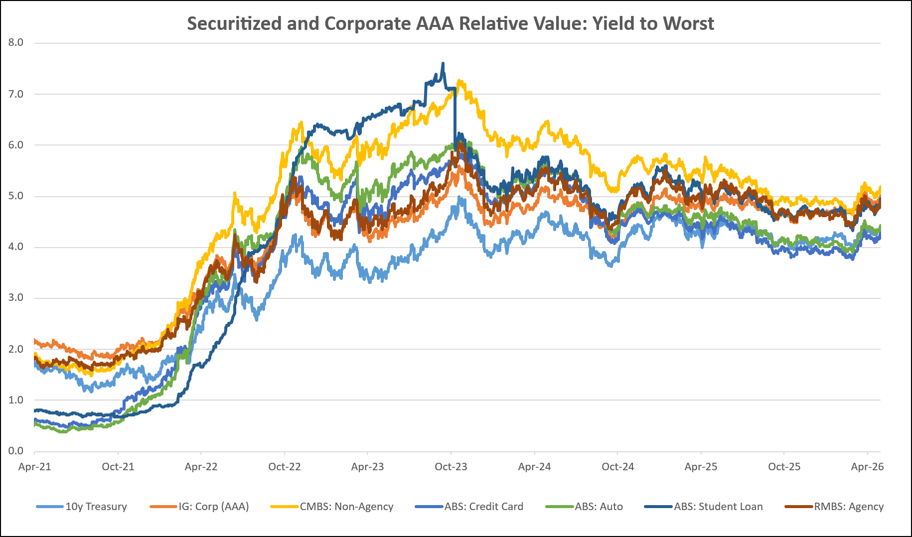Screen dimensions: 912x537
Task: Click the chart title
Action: click(451, 23)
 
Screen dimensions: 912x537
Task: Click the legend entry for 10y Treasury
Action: click(82, 507)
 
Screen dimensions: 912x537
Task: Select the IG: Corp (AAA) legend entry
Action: click(199, 507)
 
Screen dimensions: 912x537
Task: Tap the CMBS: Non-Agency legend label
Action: click(332, 507)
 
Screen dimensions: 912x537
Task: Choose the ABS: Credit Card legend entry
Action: click(469, 507)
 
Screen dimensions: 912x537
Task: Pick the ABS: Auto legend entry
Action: click(584, 507)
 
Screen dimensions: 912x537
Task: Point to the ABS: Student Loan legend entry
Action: click(704, 507)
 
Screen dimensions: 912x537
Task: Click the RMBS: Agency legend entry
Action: click(834, 507)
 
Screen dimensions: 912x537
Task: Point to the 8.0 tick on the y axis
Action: click(16, 42)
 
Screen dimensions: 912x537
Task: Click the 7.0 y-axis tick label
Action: click(16, 94)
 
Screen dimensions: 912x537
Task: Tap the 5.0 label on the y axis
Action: click(16, 196)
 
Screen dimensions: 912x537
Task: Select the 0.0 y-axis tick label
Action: click(16, 451)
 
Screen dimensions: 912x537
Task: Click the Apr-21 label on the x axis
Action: click(34, 467)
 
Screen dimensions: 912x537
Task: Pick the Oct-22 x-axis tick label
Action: click(285, 467)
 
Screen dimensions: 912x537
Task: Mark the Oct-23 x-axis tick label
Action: click(451, 467)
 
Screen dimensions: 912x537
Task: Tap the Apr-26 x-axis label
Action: click(868, 467)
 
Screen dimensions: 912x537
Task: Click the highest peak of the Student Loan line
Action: click(443, 63)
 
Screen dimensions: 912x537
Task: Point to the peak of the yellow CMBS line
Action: click(459, 80)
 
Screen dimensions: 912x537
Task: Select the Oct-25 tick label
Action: click(784, 467)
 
